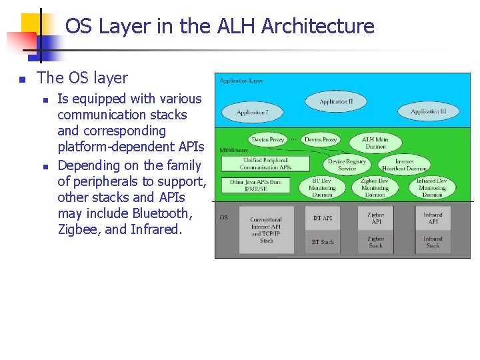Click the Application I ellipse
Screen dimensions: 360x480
(252, 113)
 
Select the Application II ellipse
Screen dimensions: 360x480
(335, 102)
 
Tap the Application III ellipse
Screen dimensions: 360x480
(428, 111)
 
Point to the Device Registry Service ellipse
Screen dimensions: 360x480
(347, 165)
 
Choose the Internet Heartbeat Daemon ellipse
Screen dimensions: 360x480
(404, 165)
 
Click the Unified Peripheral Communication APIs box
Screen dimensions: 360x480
(266, 163)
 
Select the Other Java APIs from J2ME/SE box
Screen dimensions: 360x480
(255, 185)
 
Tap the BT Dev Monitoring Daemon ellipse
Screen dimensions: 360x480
(323, 187)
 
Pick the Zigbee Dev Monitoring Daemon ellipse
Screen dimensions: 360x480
(375, 187)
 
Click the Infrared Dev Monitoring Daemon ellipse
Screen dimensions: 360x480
(432, 187)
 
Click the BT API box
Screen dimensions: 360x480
(323, 218)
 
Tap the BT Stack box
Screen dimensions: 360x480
(323, 242)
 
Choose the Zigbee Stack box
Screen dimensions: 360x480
(375, 242)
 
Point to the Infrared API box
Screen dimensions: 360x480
(432, 218)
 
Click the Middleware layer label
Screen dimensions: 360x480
(233, 151)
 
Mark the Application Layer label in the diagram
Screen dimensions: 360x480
(241, 81)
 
